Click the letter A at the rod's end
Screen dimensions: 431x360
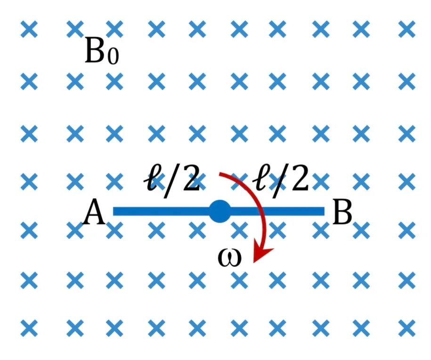pos(94,211)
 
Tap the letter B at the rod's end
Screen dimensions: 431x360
pos(342,211)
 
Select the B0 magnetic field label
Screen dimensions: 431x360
pos(102,51)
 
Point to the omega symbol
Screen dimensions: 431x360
pos(229,258)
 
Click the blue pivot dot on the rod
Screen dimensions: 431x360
pos(220,211)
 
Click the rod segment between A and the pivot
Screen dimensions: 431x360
pos(162,211)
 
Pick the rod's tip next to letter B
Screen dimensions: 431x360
pos(325,211)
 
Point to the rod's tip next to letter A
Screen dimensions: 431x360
pos(114,211)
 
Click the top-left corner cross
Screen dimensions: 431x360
pos(29,29)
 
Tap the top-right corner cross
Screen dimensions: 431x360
pos(407,29)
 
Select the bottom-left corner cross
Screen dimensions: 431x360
pos(29,328)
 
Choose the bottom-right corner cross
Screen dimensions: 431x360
pos(407,328)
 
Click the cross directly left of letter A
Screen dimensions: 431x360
pos(75,231)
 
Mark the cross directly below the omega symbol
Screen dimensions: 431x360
pos(239,280)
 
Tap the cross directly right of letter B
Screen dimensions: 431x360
pos(361,231)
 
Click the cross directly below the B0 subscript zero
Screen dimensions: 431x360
pos(114,81)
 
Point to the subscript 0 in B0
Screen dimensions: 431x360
pos(113,56)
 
